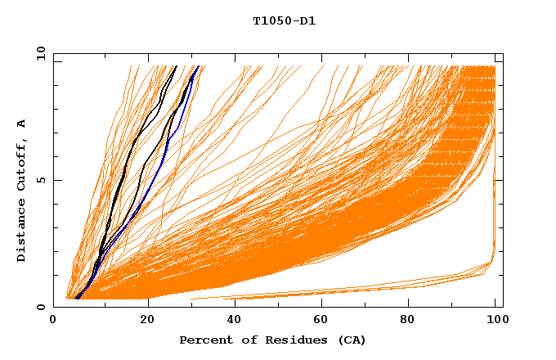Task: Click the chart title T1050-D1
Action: coord(284,21)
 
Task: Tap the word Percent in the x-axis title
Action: coord(204,340)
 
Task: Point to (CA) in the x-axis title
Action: coord(349,340)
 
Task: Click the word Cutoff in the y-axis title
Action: coord(22,161)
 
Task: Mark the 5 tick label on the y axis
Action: coord(40,180)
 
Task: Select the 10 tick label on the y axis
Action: coord(40,53)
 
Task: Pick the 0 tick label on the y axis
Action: coord(40,307)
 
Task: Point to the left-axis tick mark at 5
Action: coord(56,180)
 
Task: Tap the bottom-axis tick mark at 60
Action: coord(325,304)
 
